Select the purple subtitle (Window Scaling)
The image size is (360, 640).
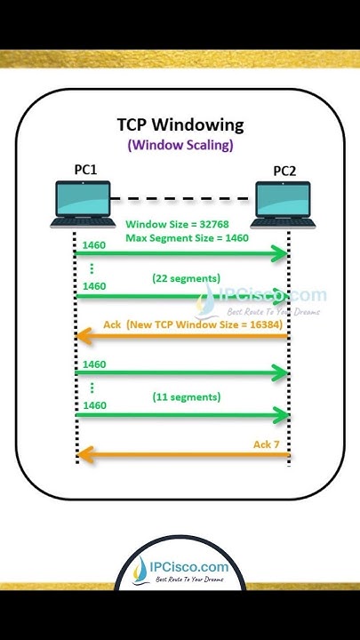pyautogui.click(x=180, y=143)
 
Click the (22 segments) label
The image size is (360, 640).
pyautogui.click(x=187, y=278)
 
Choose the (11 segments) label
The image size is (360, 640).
pyautogui.click(x=187, y=396)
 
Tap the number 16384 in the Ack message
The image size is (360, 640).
pyautogui.click(x=256, y=324)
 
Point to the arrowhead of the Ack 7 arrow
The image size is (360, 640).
pyautogui.click(x=84, y=455)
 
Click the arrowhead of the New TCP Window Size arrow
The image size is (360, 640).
pyautogui.click(x=84, y=336)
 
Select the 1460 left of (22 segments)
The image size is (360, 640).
pyautogui.click(x=94, y=286)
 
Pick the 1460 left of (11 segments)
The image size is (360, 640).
pyautogui.click(x=94, y=404)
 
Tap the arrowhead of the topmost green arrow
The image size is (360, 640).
pyautogui.click(x=283, y=255)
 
